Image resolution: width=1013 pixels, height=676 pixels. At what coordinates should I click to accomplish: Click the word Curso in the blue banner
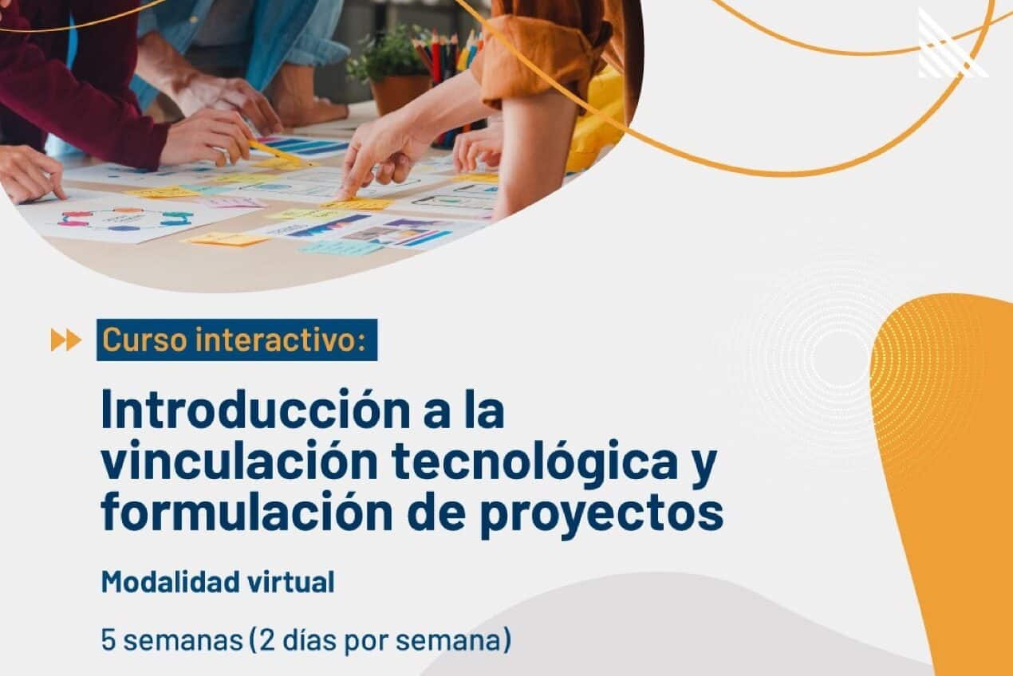pos(144,340)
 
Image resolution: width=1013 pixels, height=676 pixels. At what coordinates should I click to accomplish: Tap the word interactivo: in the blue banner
pos(281,340)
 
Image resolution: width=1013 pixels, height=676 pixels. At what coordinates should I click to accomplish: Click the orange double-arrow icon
pos(66,340)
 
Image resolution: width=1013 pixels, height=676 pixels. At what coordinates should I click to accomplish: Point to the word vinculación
pos(239,461)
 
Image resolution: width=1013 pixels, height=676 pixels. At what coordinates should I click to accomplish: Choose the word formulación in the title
pos(246,511)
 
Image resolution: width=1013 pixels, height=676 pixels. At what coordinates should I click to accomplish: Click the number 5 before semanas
pos(108,640)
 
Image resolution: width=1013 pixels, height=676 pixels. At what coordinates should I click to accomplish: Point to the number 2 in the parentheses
pos(267,640)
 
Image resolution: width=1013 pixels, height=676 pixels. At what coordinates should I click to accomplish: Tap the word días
pos(309,640)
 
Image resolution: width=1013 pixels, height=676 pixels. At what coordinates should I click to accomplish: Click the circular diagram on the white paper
pos(126,219)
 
